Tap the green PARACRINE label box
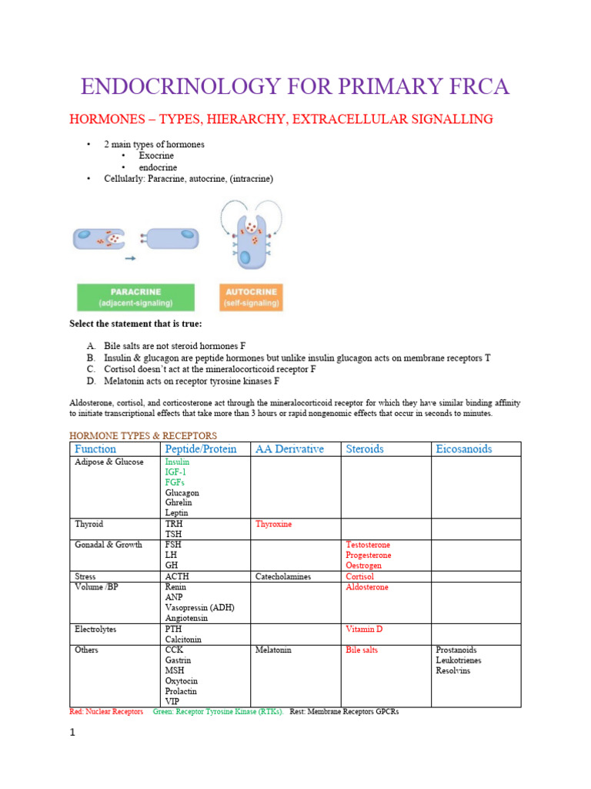click(135, 297)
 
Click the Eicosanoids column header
click(463, 448)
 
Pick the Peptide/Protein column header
click(201, 448)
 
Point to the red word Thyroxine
click(273, 524)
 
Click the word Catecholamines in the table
click(284, 576)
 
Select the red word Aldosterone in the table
click(367, 587)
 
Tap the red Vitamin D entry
click(364, 629)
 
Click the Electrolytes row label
click(95, 629)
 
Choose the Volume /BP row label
click(97, 587)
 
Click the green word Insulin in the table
click(177, 462)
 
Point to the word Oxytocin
click(182, 681)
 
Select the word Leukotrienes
click(459, 660)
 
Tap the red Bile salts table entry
click(362, 650)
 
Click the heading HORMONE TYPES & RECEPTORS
click(143, 435)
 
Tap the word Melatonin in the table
click(273, 650)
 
